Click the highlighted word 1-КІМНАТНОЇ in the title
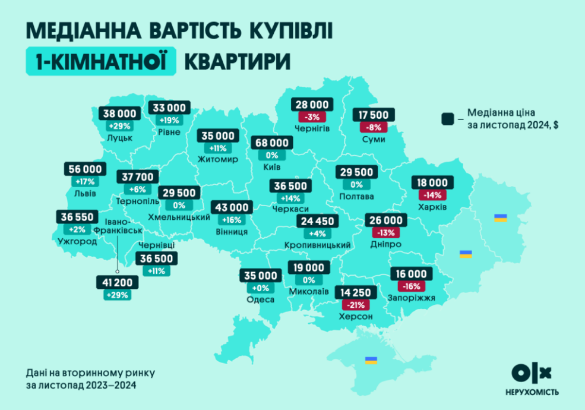coord(102,61)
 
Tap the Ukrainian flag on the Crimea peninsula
coord(371,360)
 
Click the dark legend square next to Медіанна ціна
coord(448,119)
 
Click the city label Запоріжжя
coord(411,297)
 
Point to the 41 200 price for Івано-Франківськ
coord(116,282)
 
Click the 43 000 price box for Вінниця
coord(232,207)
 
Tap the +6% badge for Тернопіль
coord(138,189)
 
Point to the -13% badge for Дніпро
coord(385,232)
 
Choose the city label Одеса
coord(260,299)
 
